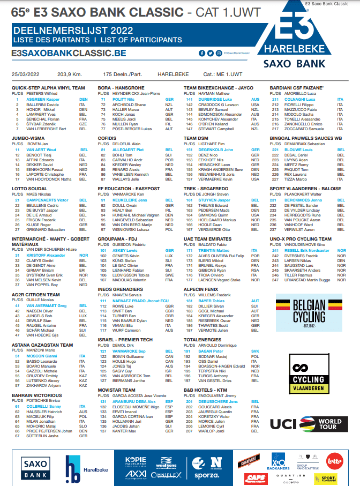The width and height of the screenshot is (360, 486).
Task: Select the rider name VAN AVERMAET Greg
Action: click(x=46, y=306)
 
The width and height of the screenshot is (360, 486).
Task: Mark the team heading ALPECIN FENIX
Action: click(x=201, y=289)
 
